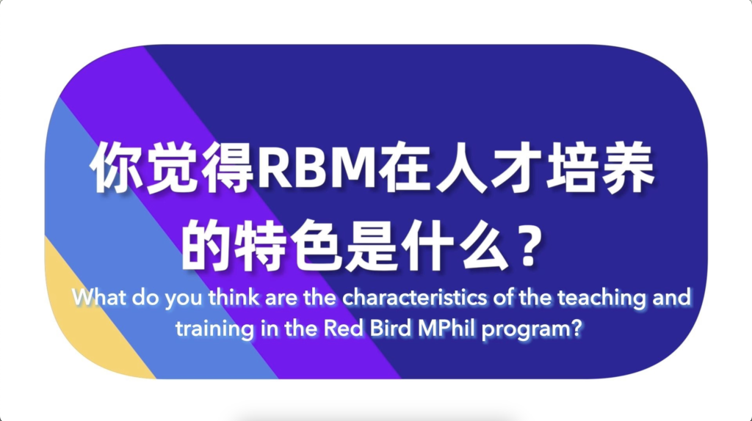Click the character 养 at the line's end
(x=629, y=169)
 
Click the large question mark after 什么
(x=530, y=246)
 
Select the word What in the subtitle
(x=99, y=298)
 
